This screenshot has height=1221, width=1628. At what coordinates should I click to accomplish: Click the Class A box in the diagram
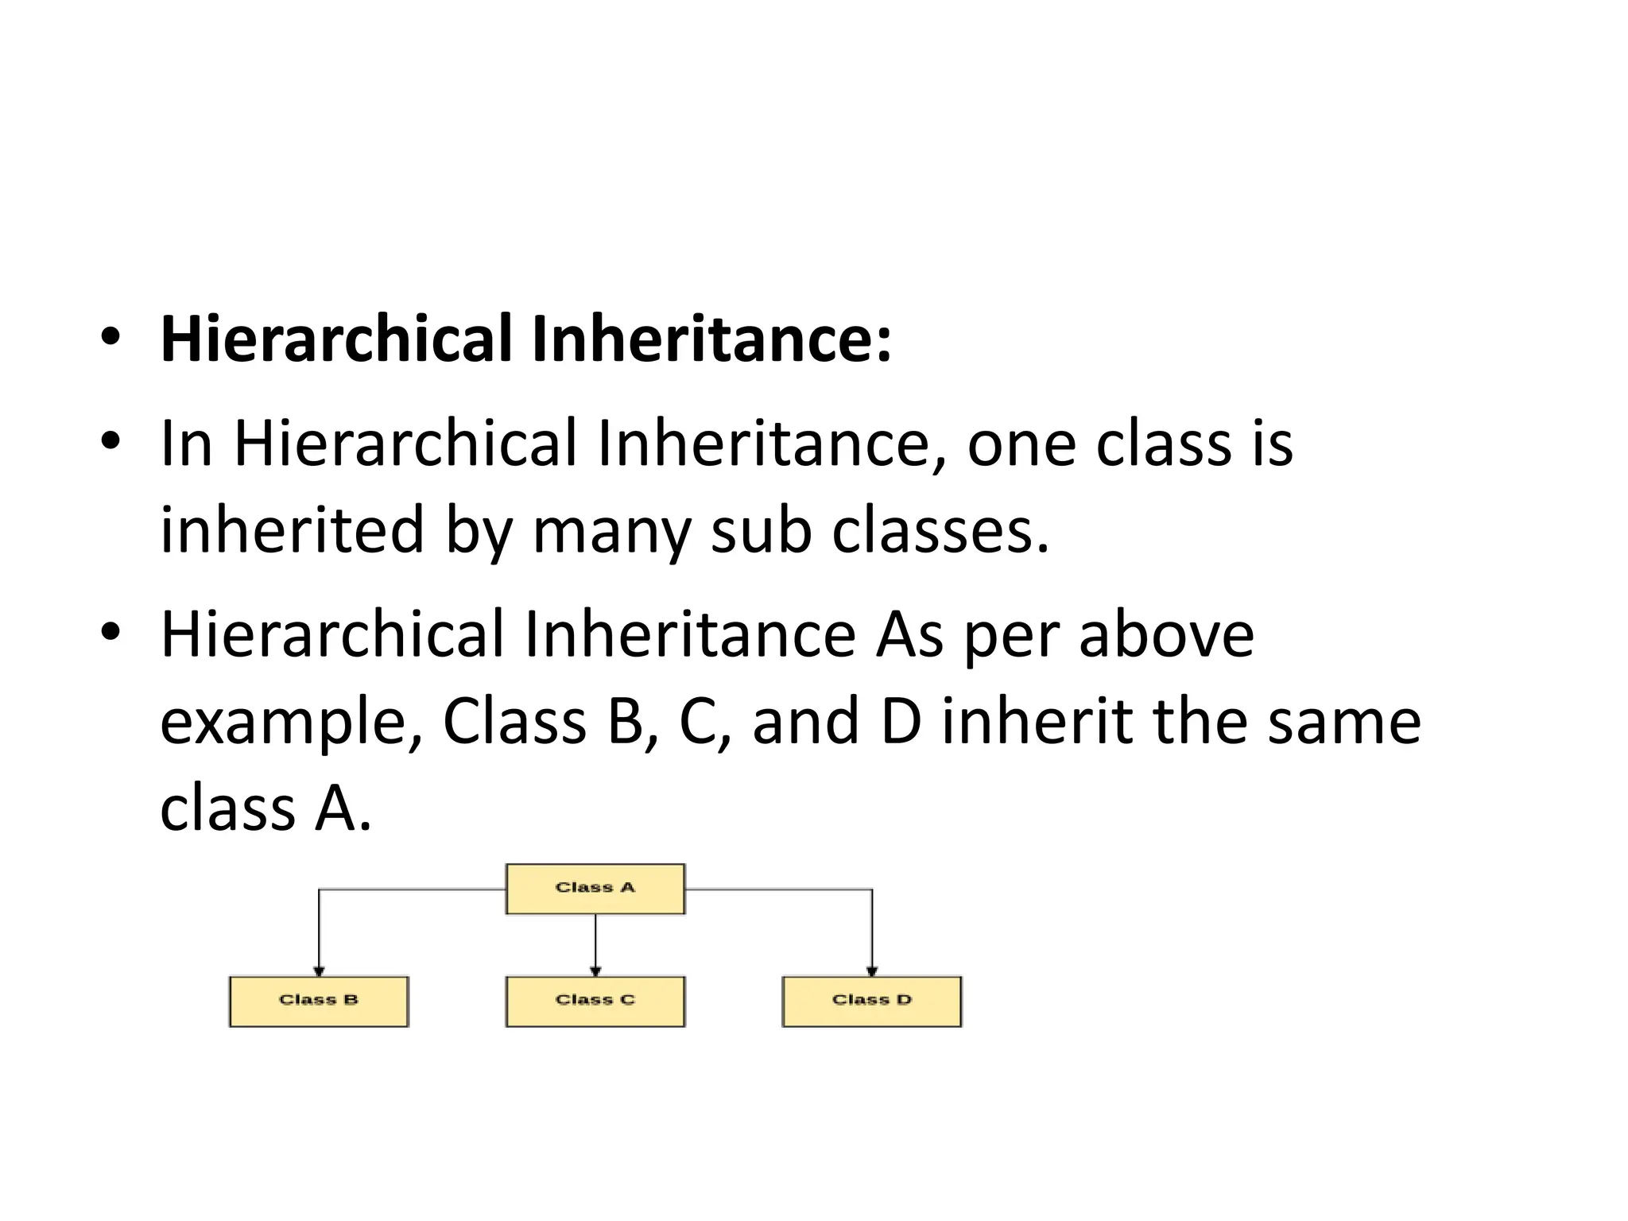coord(595,889)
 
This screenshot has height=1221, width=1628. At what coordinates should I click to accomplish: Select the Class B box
coord(319,1002)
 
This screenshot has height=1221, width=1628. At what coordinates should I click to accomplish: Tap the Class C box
coord(595,1002)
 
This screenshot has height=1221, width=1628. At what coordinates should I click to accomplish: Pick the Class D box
coord(871,1002)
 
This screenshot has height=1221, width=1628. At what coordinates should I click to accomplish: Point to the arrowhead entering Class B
coord(319,971)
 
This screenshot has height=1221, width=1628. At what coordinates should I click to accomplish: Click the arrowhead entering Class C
coord(595,971)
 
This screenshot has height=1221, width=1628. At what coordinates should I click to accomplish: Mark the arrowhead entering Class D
coord(872,971)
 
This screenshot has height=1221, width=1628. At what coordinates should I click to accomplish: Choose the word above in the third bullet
coord(1165,635)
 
